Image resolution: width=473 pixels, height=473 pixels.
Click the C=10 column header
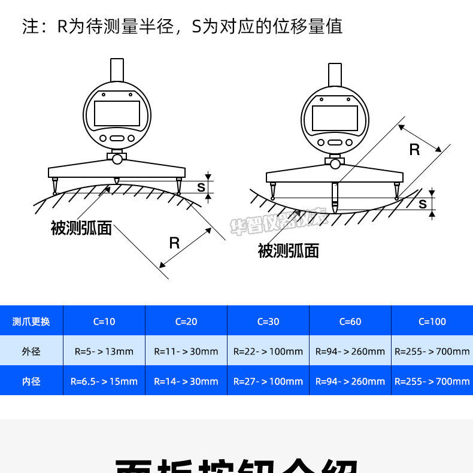tap(104, 322)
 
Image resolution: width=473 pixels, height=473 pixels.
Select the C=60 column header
tap(350, 322)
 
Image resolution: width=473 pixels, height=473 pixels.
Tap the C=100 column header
tap(432, 322)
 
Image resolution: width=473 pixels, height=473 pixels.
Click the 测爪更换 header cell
tap(31, 322)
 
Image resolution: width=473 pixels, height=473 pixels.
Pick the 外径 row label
tap(31, 351)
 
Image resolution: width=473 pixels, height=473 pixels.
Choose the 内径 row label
tap(31, 381)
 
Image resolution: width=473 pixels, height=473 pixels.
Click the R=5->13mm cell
tap(104, 351)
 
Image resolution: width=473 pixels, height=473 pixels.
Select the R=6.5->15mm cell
tap(104, 381)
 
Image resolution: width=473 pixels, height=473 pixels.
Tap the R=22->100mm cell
tap(268, 351)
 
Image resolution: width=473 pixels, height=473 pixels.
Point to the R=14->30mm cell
tap(186, 381)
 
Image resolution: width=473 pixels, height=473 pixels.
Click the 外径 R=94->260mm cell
tap(350, 351)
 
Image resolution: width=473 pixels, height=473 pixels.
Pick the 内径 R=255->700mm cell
tap(432, 381)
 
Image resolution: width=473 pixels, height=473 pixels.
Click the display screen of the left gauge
tap(117, 113)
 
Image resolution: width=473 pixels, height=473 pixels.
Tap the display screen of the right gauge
tap(335, 118)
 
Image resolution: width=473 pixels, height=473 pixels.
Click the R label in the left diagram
tap(174, 242)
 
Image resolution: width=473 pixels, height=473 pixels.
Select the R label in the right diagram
tap(414, 150)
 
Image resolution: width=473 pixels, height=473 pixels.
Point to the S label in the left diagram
tap(201, 187)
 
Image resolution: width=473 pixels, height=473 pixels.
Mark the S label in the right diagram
tap(423, 204)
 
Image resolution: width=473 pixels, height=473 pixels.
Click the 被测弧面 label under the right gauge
tap(288, 250)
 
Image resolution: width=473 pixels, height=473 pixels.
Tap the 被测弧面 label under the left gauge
tap(81, 228)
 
